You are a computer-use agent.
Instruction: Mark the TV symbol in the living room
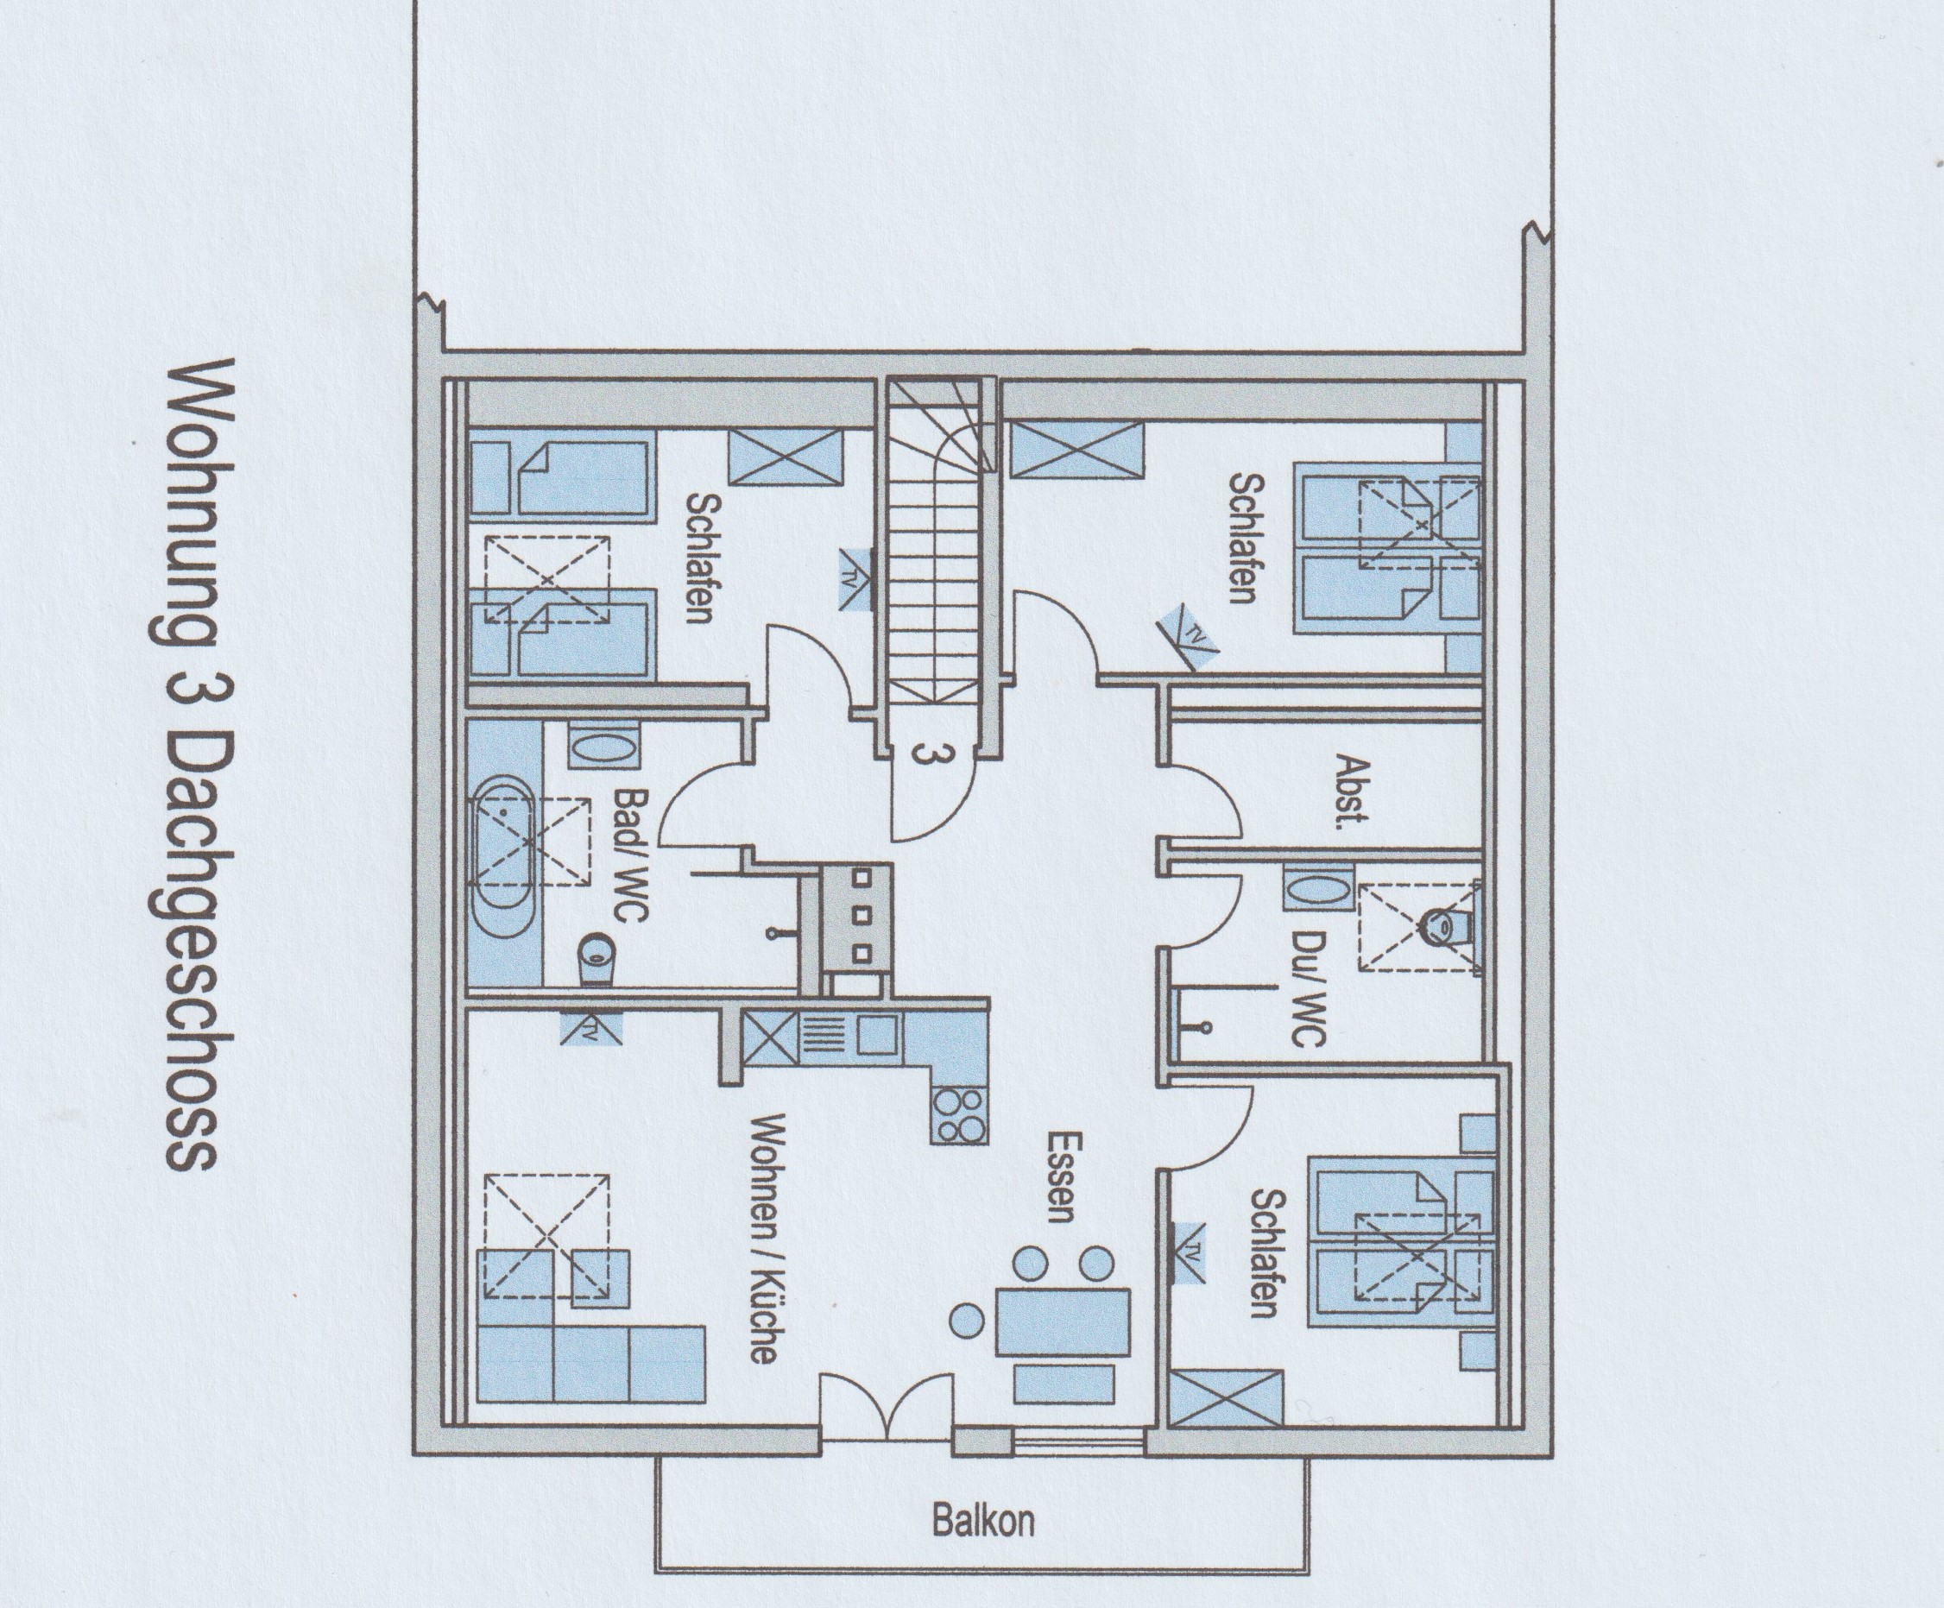click(590, 1028)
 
